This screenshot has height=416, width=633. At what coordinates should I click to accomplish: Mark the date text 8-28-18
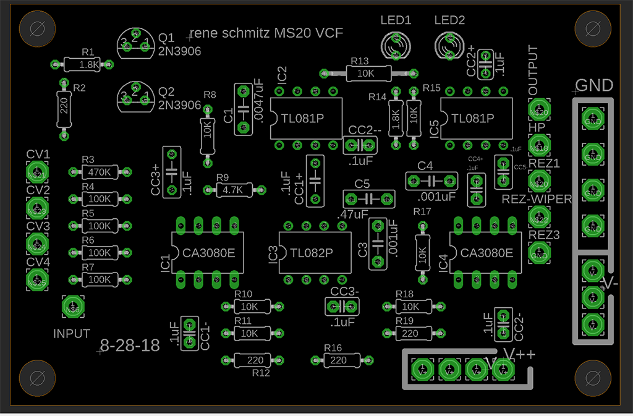tap(130, 346)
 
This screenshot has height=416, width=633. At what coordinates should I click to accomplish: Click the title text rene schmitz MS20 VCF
tap(266, 33)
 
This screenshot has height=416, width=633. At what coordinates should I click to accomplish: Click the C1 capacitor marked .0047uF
tap(242, 108)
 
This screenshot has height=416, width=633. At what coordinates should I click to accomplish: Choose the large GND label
tap(594, 85)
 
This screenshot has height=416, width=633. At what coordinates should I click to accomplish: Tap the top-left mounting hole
tap(36, 28)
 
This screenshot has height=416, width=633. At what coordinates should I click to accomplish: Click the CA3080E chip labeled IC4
tap(486, 252)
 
